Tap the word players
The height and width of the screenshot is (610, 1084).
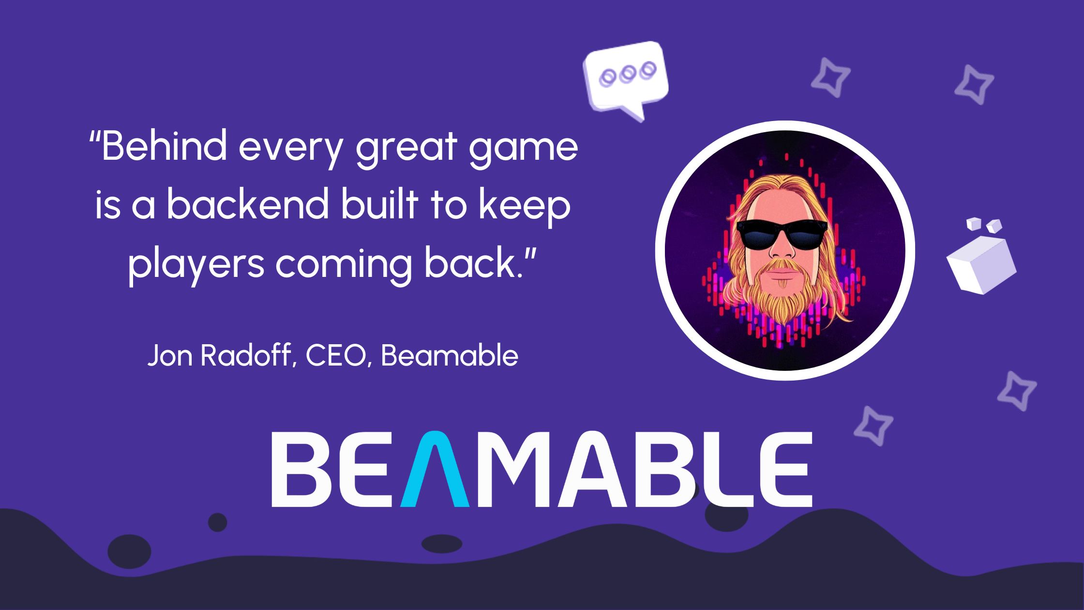point(196,265)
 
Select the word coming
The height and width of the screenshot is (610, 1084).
point(343,265)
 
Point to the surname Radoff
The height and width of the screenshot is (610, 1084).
point(247,356)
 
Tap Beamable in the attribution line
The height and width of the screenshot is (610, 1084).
point(450,356)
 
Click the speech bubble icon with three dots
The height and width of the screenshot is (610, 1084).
point(625,77)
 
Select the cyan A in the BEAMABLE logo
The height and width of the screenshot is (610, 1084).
point(435,470)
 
